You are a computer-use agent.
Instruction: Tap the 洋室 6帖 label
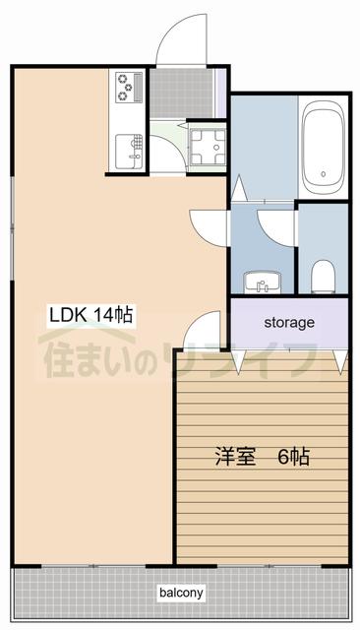pos(264,457)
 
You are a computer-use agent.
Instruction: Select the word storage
pos(288,322)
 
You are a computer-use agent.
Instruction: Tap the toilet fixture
pos(321,275)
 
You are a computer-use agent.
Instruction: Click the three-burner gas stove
pos(129,87)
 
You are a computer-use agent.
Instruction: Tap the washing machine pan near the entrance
pos(207,148)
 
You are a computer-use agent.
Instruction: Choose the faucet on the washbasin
pos(262,286)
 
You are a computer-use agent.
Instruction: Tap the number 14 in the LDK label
pos(103,316)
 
